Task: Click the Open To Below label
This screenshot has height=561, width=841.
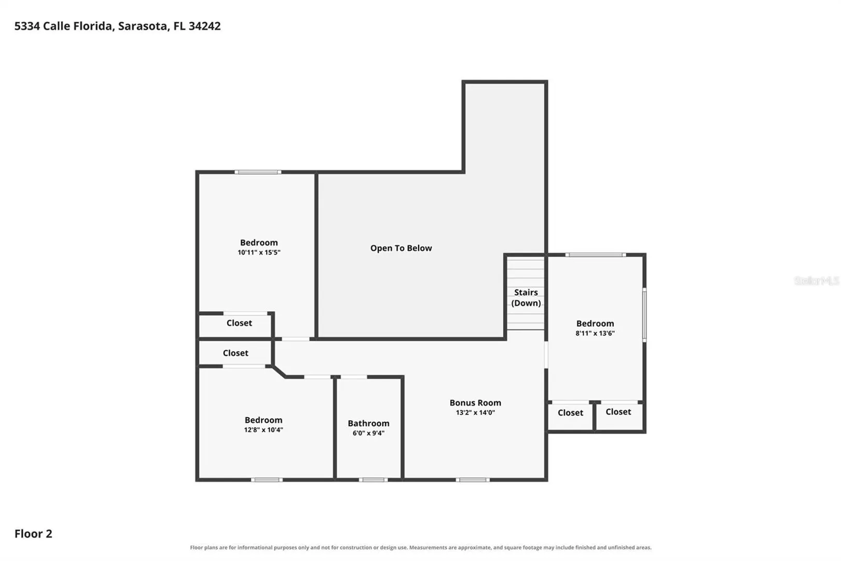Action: (x=401, y=248)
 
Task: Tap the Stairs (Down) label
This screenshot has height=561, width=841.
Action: (x=526, y=298)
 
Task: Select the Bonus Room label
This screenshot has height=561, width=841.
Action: (x=475, y=403)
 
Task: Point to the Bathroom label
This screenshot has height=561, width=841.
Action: (x=368, y=423)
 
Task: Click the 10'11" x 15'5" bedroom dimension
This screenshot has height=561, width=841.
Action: (x=259, y=252)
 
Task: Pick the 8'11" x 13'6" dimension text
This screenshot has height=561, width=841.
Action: (x=595, y=333)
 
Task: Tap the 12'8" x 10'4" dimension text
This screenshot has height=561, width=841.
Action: (x=264, y=430)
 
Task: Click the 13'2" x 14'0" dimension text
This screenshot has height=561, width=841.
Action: (x=475, y=412)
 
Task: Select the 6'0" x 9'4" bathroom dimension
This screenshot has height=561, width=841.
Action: (x=368, y=433)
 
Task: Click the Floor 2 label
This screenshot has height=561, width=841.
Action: (x=33, y=533)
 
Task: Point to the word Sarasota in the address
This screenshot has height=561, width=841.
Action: (x=143, y=26)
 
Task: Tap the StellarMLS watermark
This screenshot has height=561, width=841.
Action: (x=817, y=280)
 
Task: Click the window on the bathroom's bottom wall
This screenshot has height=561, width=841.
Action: (x=373, y=480)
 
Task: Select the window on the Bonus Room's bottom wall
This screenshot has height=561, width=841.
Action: (x=473, y=480)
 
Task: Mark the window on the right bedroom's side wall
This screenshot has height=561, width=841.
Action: (x=644, y=315)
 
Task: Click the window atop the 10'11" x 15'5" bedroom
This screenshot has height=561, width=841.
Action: (x=258, y=172)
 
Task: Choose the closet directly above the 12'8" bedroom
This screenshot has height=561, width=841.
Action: (x=236, y=353)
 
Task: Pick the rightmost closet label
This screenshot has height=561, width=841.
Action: (x=618, y=412)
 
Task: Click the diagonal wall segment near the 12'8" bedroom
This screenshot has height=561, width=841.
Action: (x=279, y=371)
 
